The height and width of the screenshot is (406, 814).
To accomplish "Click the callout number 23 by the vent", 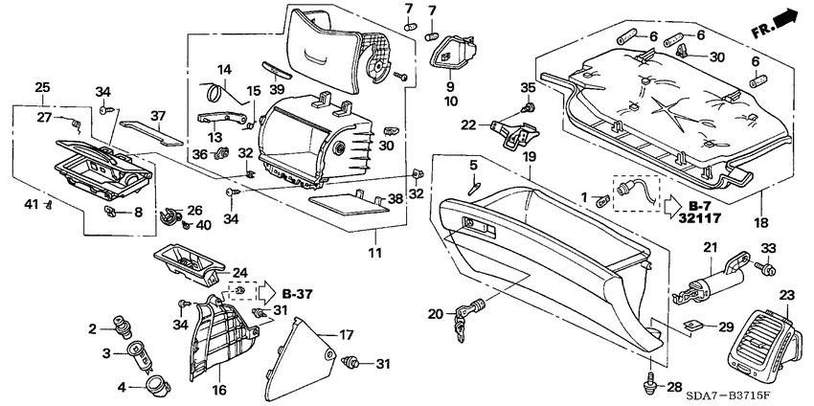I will point(786,295).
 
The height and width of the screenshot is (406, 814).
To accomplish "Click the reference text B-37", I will point(298,293).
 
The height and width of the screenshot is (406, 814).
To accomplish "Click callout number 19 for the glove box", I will point(529,157).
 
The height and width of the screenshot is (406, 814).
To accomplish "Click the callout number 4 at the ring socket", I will point(121,387).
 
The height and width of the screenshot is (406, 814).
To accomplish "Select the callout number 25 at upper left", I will point(42,88).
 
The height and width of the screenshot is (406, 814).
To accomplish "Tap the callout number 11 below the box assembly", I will point(374,253).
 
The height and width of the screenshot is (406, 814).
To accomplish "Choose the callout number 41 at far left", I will point(30,203).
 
